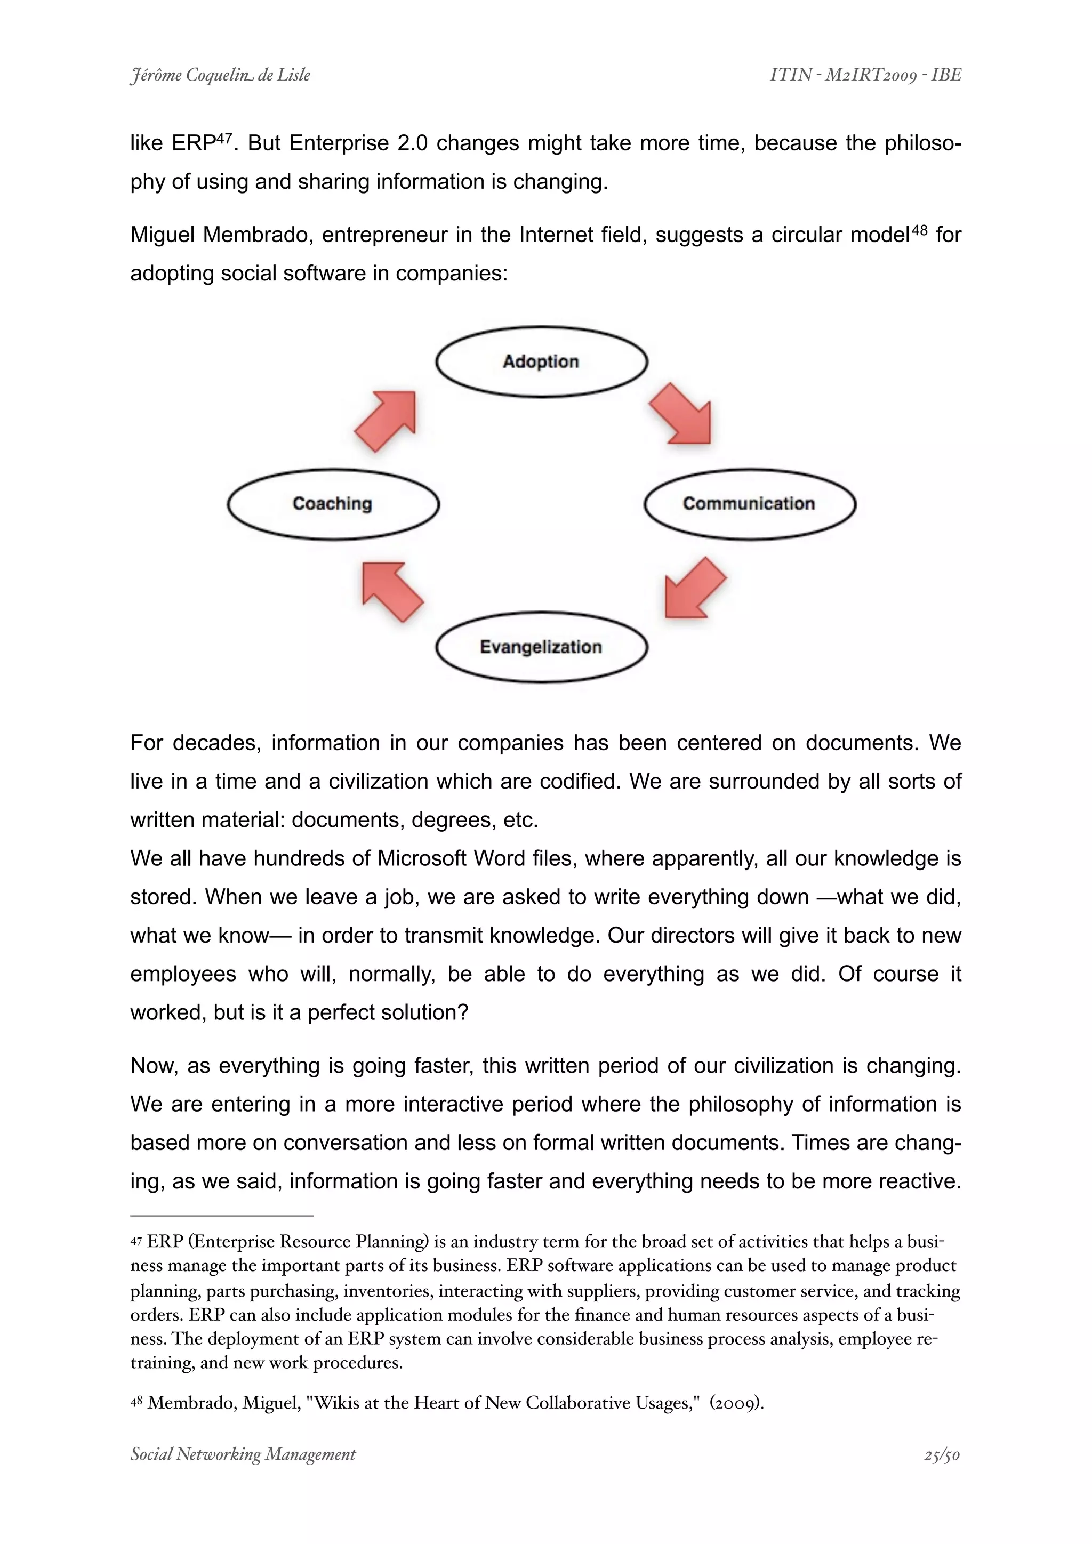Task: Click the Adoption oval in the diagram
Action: coord(541,362)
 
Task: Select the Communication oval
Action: coord(749,504)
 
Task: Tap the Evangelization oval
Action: coord(541,647)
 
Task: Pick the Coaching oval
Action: coord(333,504)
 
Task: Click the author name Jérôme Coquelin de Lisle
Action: coord(220,75)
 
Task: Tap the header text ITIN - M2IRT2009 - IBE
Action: coord(865,75)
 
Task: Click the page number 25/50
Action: coord(942,1455)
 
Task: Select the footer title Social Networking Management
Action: coord(243,1455)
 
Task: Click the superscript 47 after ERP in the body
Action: coord(224,138)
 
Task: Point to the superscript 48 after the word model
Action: coord(919,229)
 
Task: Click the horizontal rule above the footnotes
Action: coord(222,1216)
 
